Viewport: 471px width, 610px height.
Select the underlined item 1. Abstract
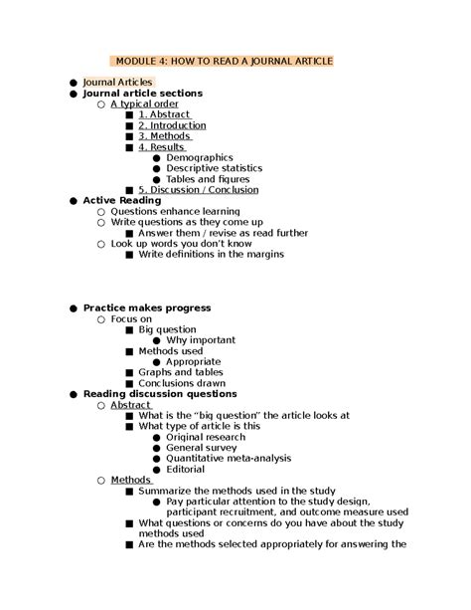[166, 114]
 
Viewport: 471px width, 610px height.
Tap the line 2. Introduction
[172, 125]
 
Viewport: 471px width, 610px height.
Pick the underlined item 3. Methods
[164, 136]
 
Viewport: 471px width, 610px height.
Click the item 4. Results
[162, 147]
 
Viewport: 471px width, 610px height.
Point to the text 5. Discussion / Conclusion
[198, 189]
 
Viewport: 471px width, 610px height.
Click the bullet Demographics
[199, 157]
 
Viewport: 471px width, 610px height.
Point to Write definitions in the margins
[211, 254]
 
